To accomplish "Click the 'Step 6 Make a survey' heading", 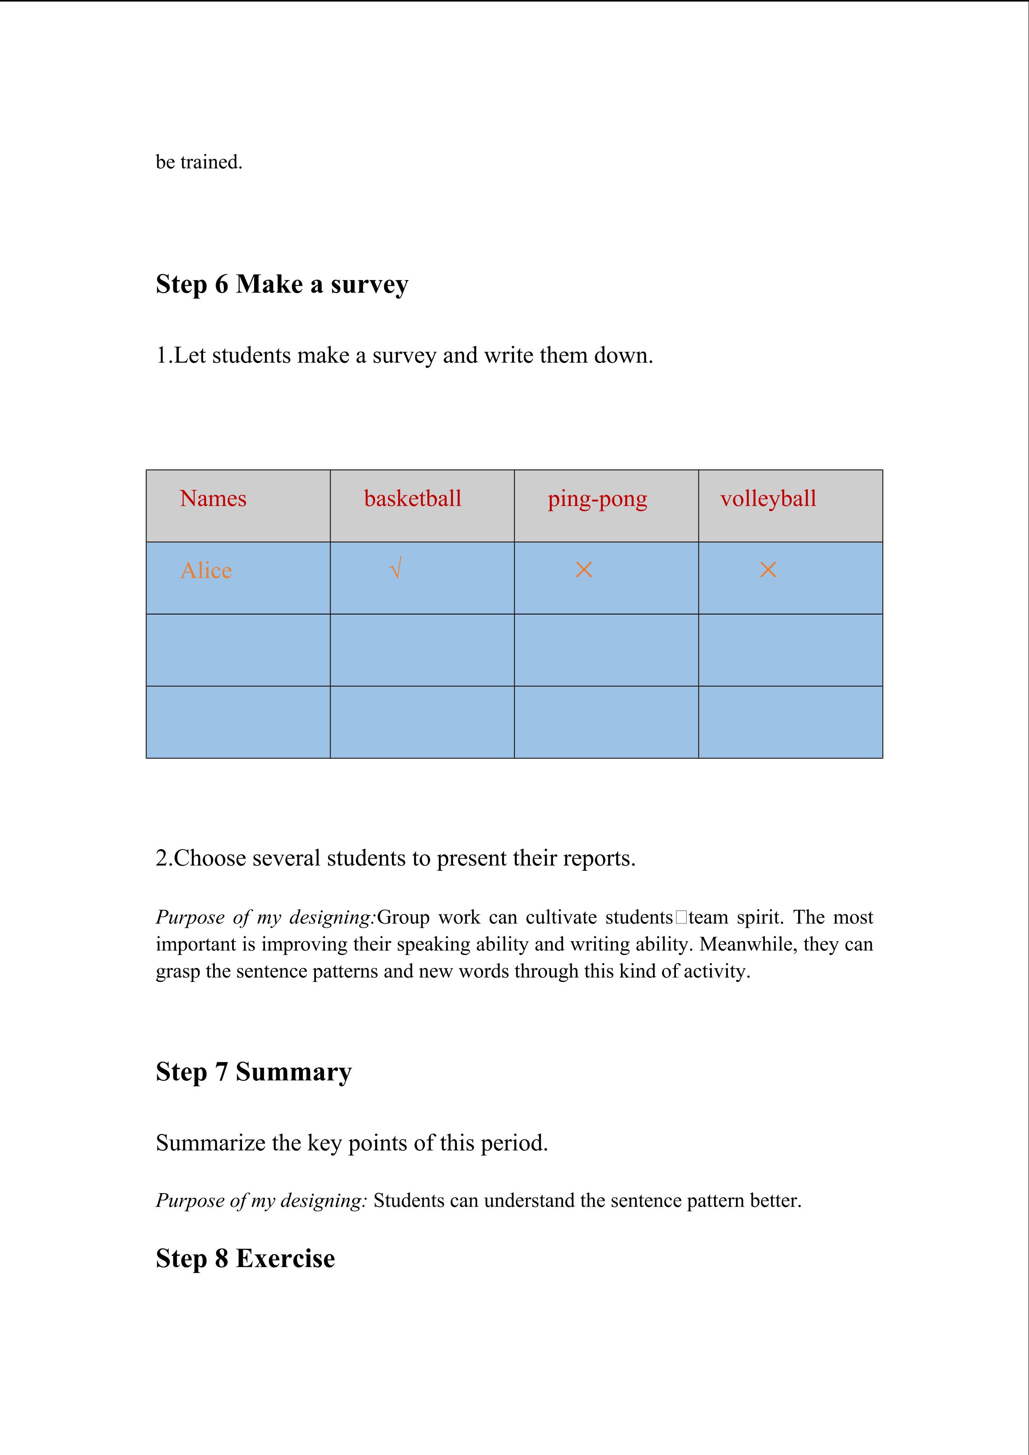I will pos(282,284).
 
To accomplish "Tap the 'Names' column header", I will pos(213,498).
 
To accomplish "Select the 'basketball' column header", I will pos(412,498).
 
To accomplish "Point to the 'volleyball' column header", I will pos(768,498).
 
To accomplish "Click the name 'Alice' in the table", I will pos(206,570).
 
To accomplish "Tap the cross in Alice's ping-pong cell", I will pos(583,570).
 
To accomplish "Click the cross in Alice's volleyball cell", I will pos(768,570).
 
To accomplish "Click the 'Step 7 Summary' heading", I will pos(253,1072).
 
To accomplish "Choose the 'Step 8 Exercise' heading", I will pos(245,1258).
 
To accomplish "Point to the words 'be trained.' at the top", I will pos(199,162).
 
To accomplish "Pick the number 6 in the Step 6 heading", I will pos(221,284).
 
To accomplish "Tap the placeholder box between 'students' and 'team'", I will pos(681,917).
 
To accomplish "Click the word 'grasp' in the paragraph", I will pos(178,971).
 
